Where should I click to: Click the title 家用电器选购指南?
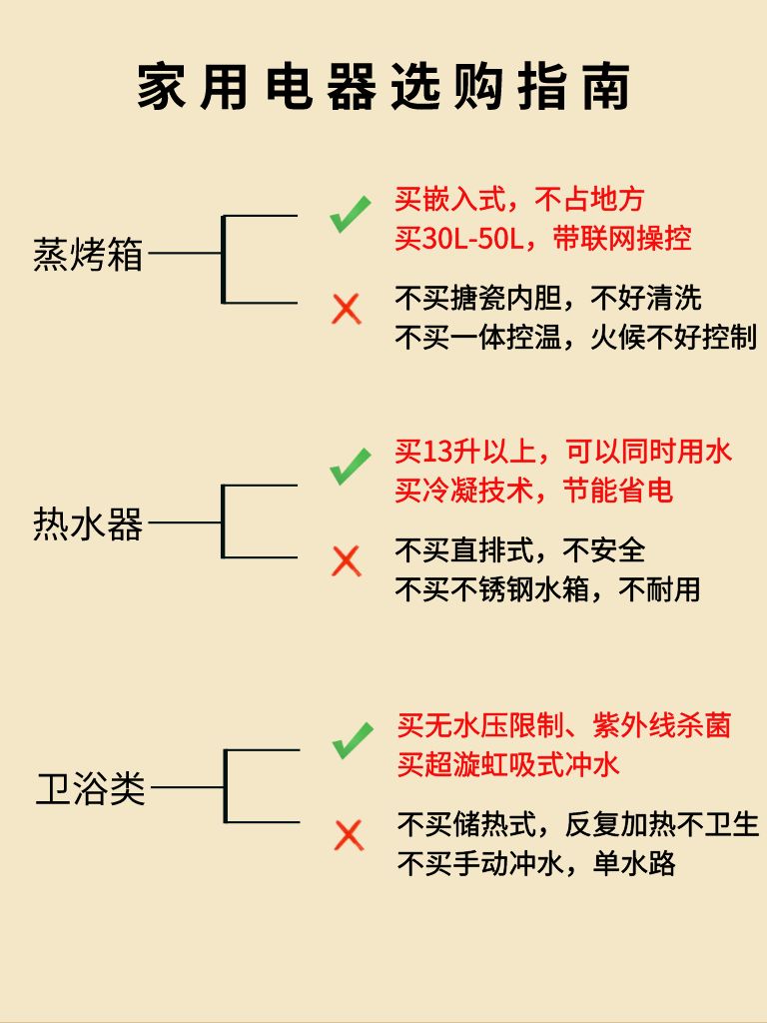pos(383,87)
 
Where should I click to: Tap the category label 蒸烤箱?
pos(89,254)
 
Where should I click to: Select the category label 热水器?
pos(89,522)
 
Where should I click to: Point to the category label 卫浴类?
pos(91,788)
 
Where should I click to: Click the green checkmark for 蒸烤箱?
pos(350,215)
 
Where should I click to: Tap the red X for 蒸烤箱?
pos(347,308)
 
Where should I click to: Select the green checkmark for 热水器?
pos(350,467)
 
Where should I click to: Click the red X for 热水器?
pos(347,560)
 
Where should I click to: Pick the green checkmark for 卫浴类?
pos(352,740)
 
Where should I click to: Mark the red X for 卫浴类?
pos(349,834)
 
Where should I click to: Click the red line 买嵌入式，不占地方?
pos(519,201)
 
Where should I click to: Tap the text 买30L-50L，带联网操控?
pos(543,240)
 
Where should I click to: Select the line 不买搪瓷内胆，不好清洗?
pos(548,298)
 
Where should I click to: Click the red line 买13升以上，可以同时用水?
pos(563,452)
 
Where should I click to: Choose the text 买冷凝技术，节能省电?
pos(534,491)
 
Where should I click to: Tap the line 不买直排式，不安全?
pos(520,549)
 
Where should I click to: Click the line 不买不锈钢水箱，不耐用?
pos(547,588)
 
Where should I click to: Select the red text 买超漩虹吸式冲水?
pos(508,764)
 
